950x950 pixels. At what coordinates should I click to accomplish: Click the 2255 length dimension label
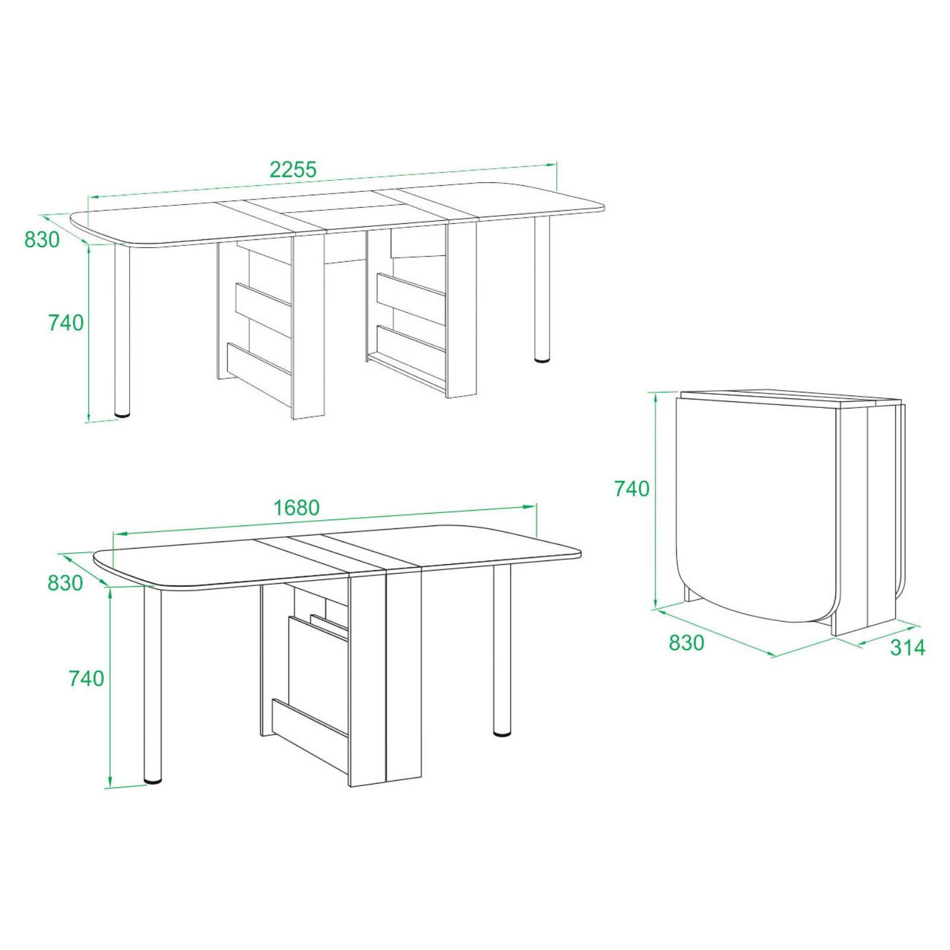293,170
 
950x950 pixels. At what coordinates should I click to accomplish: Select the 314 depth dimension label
907,647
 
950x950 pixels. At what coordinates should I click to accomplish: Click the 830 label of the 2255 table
42,239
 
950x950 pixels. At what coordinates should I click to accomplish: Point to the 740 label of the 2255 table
65,323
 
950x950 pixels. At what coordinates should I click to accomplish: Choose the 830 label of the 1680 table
65,583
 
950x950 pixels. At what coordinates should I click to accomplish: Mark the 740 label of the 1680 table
87,678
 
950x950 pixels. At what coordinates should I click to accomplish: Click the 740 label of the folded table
632,488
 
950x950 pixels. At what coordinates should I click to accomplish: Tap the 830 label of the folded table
686,642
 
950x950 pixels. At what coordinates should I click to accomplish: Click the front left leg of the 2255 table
122,330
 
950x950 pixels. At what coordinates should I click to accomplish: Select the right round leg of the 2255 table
542,290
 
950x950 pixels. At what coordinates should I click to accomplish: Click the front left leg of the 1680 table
153,683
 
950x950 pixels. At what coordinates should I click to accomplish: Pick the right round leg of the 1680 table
502,651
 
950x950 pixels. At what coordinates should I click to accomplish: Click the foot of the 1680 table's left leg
153,780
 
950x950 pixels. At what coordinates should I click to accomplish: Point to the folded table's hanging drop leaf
757,511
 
